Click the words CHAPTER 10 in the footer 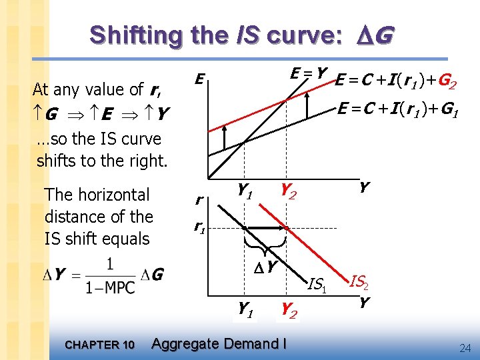pyautogui.click(x=100, y=345)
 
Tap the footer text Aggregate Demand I pyautogui.click(x=219, y=344)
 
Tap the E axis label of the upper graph pyautogui.click(x=199, y=80)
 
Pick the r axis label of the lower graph pyautogui.click(x=199, y=198)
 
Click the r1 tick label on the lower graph pyautogui.click(x=199, y=227)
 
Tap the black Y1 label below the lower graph pyautogui.click(x=245, y=308)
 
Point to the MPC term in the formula pyautogui.click(x=120, y=287)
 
